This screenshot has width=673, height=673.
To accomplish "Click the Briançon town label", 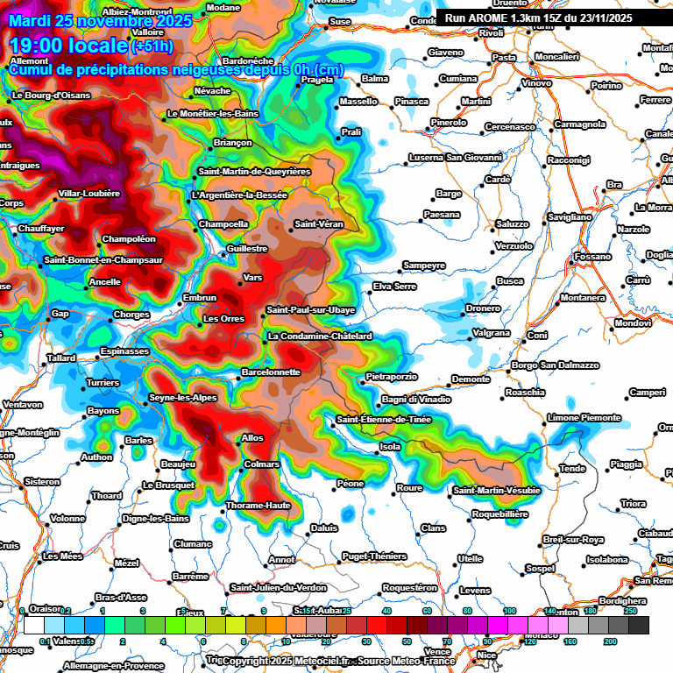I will click(x=232, y=142).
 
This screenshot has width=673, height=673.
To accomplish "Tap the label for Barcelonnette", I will click(x=270, y=372).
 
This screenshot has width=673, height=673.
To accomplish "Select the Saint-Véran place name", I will click(x=319, y=224).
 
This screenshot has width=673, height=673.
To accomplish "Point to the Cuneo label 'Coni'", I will click(x=537, y=335).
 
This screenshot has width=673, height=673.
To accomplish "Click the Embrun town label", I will click(x=199, y=298).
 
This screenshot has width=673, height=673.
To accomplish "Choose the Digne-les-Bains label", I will click(x=155, y=519).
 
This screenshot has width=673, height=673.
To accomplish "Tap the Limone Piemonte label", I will click(x=583, y=417).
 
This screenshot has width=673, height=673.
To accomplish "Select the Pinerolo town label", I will click(x=449, y=123).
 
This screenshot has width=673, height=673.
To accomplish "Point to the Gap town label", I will click(x=60, y=313).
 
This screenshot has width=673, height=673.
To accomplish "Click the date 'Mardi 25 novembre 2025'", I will click(x=97, y=19).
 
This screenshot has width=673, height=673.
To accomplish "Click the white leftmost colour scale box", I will click(x=34, y=625).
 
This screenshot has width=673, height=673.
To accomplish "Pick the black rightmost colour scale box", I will click(x=638, y=625).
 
